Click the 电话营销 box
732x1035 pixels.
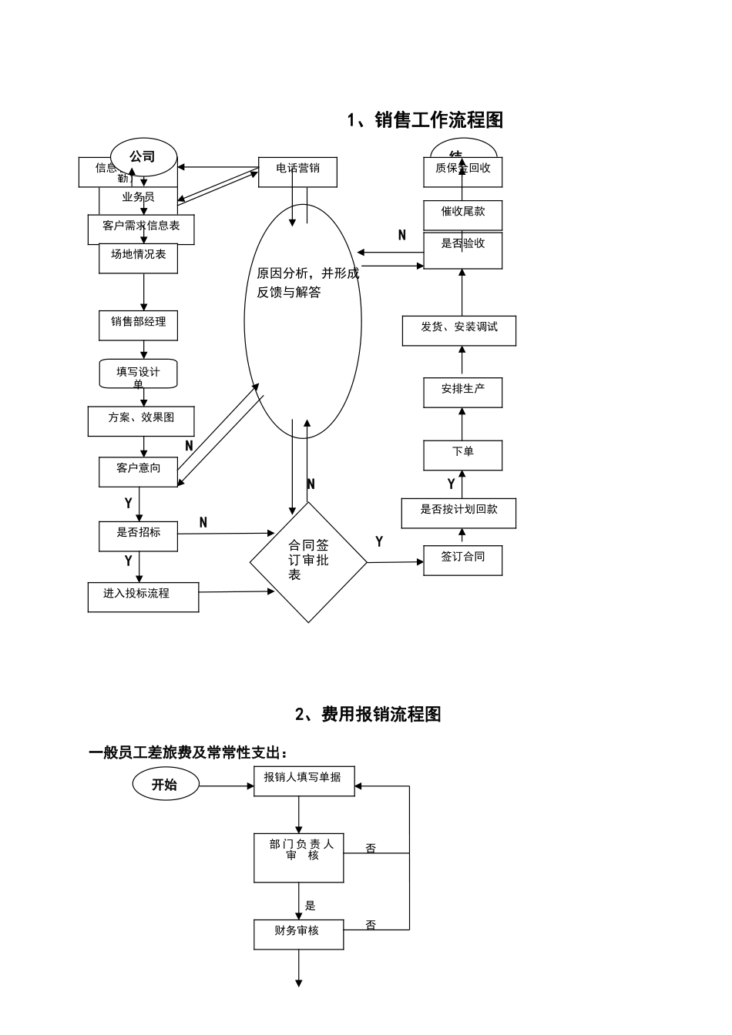297,172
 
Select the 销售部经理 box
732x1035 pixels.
139,325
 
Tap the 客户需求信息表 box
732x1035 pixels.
141,229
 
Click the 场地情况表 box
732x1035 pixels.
139,258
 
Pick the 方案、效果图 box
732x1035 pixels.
141,421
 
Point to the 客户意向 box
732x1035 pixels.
139,471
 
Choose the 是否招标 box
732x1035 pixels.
139,536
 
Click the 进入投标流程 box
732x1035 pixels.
143,597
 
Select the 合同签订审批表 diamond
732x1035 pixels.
308,562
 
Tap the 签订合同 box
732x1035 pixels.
463,560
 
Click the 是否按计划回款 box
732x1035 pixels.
458,513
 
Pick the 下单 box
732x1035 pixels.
463,455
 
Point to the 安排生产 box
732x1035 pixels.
463,393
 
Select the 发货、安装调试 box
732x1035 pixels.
459,330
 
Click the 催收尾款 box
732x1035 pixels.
463,215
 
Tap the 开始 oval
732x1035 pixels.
165,785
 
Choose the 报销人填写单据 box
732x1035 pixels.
304,781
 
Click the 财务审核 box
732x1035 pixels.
299,934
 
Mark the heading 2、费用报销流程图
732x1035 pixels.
368,715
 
